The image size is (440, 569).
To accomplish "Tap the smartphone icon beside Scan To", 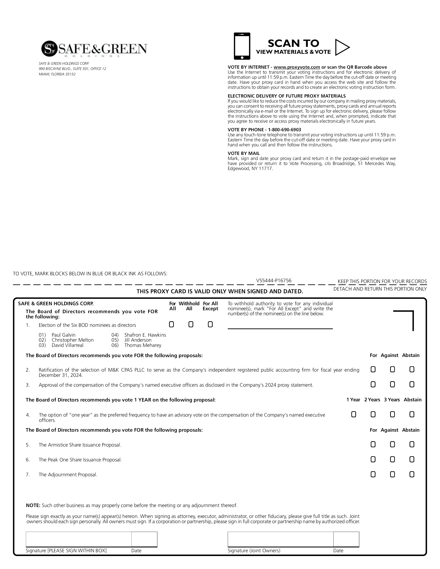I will (x=242, y=46).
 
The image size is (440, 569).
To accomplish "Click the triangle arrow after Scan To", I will (x=342, y=47).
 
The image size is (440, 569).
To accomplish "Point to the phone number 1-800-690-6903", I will (x=285, y=130).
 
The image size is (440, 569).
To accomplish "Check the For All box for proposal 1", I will (x=171, y=324).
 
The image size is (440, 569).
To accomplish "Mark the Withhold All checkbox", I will (x=191, y=324).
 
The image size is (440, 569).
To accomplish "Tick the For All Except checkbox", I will (x=210, y=324).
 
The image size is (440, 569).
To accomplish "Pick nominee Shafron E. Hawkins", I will (x=145, y=335).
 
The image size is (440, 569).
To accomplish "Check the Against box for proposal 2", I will (x=392, y=369).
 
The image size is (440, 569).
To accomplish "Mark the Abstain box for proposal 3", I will (x=412, y=384).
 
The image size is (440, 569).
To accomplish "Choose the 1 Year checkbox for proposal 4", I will (x=354, y=414).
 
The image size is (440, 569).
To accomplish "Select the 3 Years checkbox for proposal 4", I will (x=392, y=414).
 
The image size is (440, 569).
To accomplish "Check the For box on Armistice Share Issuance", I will (x=373, y=444).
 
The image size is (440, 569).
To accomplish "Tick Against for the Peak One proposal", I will (x=392, y=459).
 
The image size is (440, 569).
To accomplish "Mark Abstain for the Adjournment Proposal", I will (x=412, y=474).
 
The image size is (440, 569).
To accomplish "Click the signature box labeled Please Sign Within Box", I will (x=79, y=539).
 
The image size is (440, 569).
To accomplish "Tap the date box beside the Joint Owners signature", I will (x=346, y=539).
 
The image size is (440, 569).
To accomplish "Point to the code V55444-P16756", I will (x=274, y=281).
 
